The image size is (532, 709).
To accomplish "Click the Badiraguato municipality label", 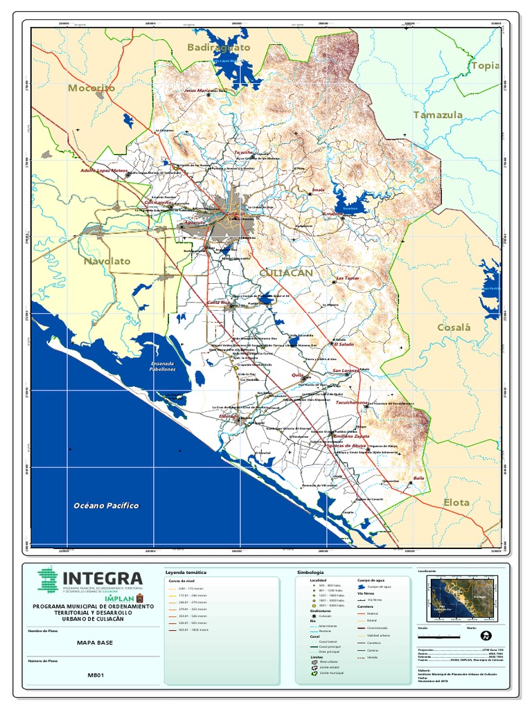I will pyautogui.click(x=218, y=47).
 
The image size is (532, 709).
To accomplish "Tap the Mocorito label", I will pyautogui.click(x=91, y=88).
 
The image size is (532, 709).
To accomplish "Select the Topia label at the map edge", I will pyautogui.click(x=485, y=66).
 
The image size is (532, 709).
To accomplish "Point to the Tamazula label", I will pyautogui.click(x=438, y=114).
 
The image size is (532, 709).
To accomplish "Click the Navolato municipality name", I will pyautogui.click(x=107, y=261).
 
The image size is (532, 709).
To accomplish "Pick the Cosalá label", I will pyautogui.click(x=453, y=327).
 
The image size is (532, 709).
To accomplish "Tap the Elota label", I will pyautogui.click(x=456, y=502).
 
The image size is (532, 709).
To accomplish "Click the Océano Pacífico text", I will pyautogui.click(x=107, y=505).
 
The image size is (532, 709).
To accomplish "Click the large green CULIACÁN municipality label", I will pyautogui.click(x=286, y=273).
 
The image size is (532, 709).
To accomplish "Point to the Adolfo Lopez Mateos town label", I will pyautogui.click(x=104, y=170).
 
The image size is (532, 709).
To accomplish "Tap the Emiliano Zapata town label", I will pyautogui.click(x=351, y=436).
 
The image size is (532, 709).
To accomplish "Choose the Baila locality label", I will pyautogui.click(x=418, y=478).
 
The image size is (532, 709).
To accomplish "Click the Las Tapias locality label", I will pyautogui.click(x=347, y=278).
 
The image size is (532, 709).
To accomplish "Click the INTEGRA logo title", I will pyautogui.click(x=103, y=578).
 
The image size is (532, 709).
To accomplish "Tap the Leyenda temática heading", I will pyautogui.click(x=186, y=573).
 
